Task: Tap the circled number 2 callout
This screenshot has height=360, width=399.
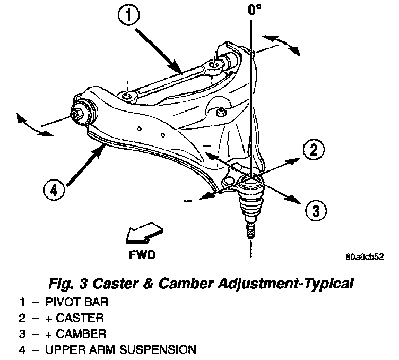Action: click(x=314, y=151)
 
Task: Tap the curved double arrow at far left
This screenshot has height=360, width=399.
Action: click(x=31, y=125)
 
